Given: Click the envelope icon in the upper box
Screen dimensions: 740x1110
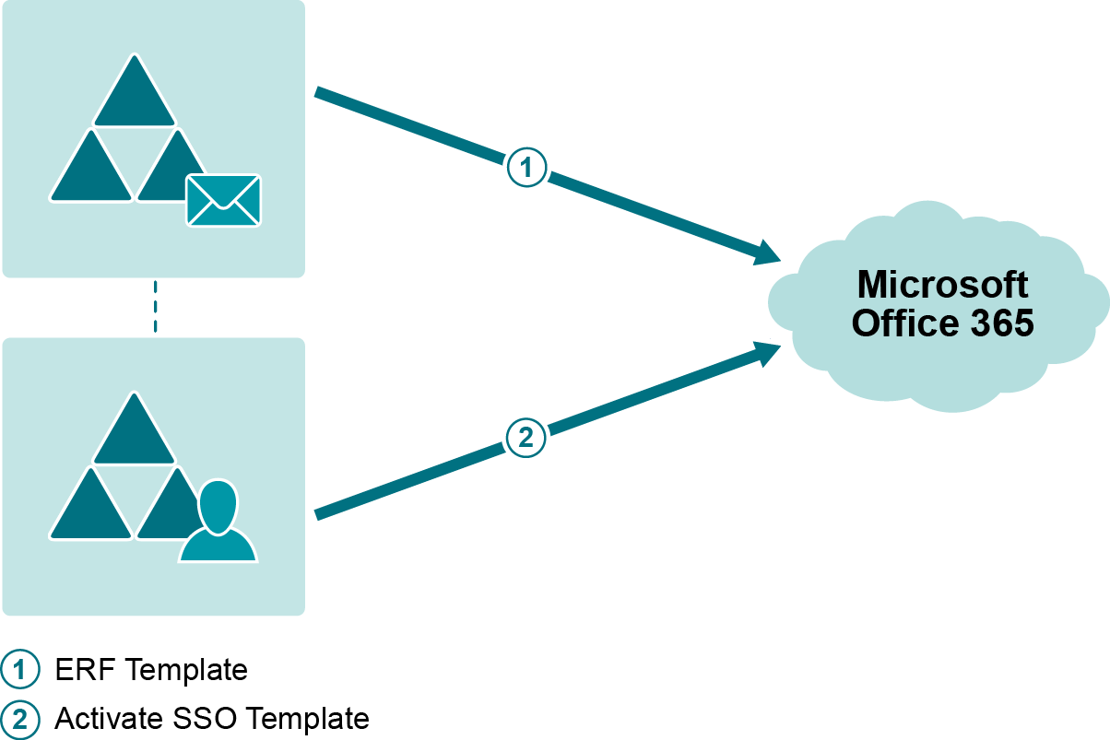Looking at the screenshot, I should [223, 200].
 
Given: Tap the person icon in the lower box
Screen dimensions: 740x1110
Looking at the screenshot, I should [218, 523].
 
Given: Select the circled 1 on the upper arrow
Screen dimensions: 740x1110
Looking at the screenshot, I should [526, 168].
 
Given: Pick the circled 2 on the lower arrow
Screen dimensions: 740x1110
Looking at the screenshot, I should [526, 439].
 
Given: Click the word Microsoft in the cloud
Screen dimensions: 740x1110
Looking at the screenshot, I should [942, 285].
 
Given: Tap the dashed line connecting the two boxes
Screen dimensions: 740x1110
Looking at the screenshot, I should [155, 307].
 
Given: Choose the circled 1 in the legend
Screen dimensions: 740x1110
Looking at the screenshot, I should [20, 670].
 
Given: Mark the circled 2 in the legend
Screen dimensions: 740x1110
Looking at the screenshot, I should [20, 719].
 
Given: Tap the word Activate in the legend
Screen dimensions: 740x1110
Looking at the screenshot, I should [109, 719].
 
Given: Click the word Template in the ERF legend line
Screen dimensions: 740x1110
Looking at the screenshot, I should [186, 670].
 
